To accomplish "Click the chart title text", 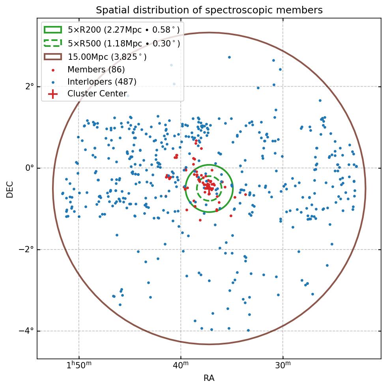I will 209,10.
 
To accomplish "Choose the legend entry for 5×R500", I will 123,43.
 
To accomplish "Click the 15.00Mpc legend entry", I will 107,57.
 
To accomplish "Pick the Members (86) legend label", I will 96,70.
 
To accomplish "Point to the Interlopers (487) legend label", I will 102,82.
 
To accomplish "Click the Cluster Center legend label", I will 97,94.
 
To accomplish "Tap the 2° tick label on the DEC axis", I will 29,86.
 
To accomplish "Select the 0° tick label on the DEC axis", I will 29,168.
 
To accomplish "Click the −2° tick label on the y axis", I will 26,249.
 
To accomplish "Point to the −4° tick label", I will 26,331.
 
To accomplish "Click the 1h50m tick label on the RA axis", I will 79,366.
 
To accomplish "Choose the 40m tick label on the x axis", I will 181,366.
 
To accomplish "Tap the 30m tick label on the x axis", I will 283,366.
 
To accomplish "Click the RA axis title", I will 209,379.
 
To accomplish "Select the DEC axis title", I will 10,189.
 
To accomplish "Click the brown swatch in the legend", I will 53,57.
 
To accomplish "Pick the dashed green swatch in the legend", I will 53,43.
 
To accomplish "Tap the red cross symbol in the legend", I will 53,94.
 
